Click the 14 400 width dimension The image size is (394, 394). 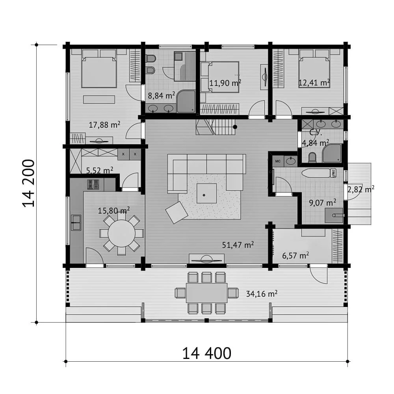(206, 353)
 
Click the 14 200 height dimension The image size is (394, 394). (28, 184)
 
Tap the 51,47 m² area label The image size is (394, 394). (238, 245)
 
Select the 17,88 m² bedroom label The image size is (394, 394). (104, 125)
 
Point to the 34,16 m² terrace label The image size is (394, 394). (262, 294)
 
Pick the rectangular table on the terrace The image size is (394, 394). (206, 293)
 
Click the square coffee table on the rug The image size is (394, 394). (206, 193)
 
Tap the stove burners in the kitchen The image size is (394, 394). (93, 184)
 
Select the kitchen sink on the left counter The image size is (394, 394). (76, 222)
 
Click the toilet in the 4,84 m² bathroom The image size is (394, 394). (312, 157)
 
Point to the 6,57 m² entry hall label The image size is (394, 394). (295, 256)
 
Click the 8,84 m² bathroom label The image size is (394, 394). (161, 95)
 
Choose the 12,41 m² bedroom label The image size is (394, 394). (314, 82)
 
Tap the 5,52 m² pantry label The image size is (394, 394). (100, 170)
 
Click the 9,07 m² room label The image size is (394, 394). (323, 203)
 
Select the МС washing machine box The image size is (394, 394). (278, 161)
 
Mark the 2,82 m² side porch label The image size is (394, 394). (361, 189)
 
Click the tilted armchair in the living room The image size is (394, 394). (177, 213)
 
